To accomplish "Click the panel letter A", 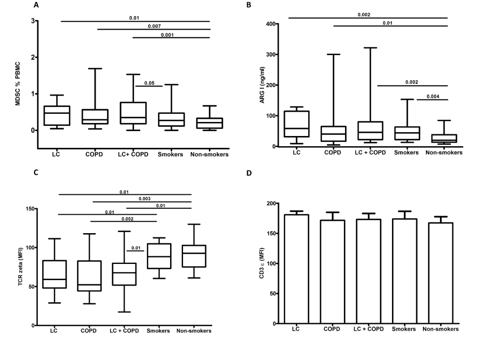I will pos(36,5).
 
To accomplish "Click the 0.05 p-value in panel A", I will pos(148,82).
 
